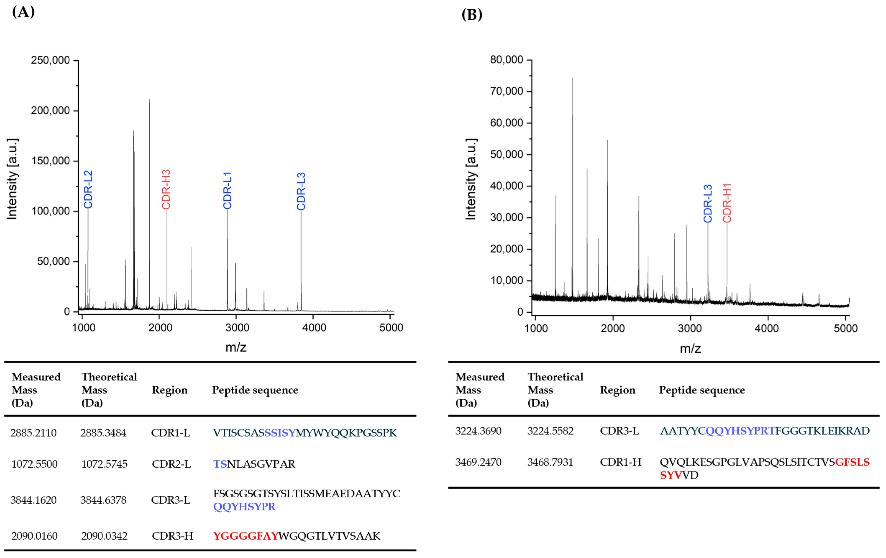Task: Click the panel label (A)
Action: pos(23,12)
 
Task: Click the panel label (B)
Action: pos(472,14)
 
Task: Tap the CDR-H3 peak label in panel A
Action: pos(166,189)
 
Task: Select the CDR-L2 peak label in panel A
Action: pos(88,189)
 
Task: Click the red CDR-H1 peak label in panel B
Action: pos(727,203)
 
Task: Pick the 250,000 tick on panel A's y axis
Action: pos(50,60)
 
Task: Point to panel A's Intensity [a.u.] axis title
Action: pos(12,179)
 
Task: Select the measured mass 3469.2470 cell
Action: pos(478,462)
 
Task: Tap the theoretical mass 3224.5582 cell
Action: pos(550,431)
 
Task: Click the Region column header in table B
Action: pos(618,390)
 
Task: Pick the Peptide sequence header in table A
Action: pos(255,390)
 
